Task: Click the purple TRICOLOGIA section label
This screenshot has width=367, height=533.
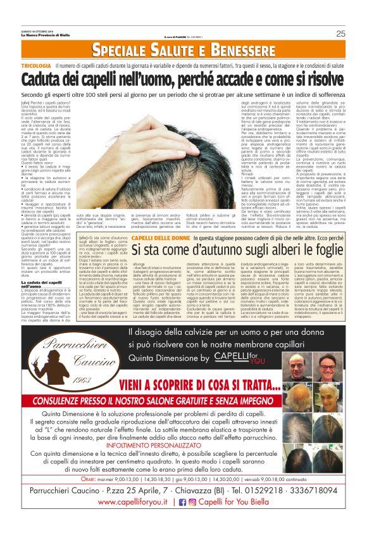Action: [36, 65]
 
